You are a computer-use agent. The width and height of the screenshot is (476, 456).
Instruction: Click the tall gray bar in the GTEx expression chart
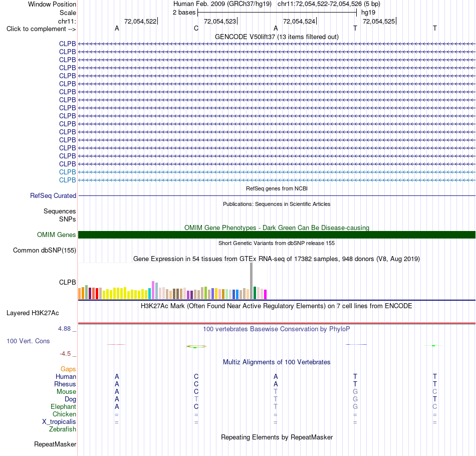click(252, 281)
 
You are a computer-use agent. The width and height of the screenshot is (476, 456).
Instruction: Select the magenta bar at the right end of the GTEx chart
click(266, 295)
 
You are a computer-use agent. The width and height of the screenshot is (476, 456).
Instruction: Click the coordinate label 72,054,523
click(220, 21)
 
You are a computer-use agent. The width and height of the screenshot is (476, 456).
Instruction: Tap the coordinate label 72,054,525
click(379, 21)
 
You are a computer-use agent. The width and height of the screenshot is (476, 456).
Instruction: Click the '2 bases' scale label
click(184, 13)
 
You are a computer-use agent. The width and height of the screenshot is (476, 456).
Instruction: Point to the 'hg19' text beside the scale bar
click(368, 13)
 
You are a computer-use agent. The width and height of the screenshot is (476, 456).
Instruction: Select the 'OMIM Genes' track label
click(57, 235)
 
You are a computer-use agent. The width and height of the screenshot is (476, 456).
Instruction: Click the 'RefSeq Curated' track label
click(53, 195)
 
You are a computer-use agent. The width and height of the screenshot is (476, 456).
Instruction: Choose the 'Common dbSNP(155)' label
click(45, 250)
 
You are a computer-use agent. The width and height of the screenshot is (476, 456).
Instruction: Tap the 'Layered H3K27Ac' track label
click(33, 313)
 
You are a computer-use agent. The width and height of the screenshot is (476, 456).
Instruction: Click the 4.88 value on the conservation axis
click(64, 329)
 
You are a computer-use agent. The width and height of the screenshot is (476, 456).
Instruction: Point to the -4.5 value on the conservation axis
click(65, 353)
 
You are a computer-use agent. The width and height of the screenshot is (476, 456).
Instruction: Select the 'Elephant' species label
click(64, 406)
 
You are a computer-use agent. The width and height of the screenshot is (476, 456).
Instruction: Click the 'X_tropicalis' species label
click(59, 422)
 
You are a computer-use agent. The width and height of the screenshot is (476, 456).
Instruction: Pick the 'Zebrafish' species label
click(63, 429)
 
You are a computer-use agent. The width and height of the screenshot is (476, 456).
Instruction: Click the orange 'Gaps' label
click(68, 369)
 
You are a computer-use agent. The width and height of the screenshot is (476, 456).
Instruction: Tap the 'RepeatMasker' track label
click(55, 444)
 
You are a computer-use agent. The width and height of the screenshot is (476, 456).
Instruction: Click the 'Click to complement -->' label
click(41, 29)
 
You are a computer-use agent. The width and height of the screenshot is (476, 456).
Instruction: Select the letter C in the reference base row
click(196, 28)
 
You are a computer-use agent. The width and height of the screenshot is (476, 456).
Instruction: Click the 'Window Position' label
click(52, 4)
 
